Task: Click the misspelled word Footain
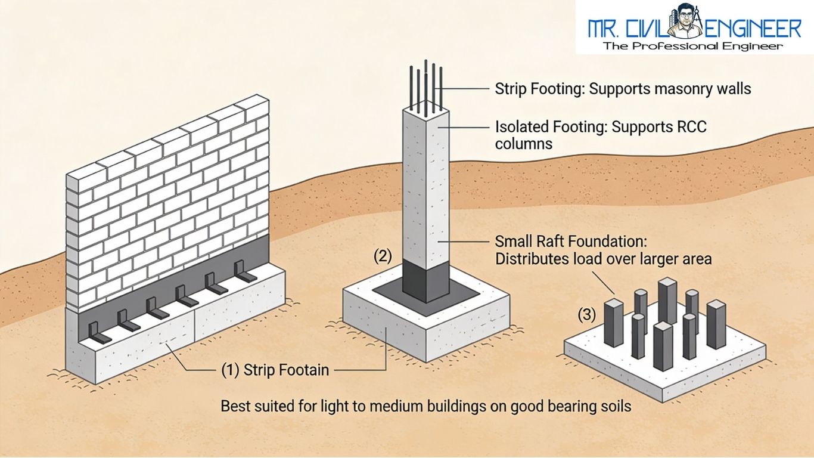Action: pos(302,370)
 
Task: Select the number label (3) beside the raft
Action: pos(587,315)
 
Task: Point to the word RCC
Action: pos(693,127)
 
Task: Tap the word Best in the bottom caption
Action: pos(235,407)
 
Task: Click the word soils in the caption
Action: pos(614,407)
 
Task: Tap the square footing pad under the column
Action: pos(387,334)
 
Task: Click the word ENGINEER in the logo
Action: pos(754,28)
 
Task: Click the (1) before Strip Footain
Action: pos(230,370)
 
